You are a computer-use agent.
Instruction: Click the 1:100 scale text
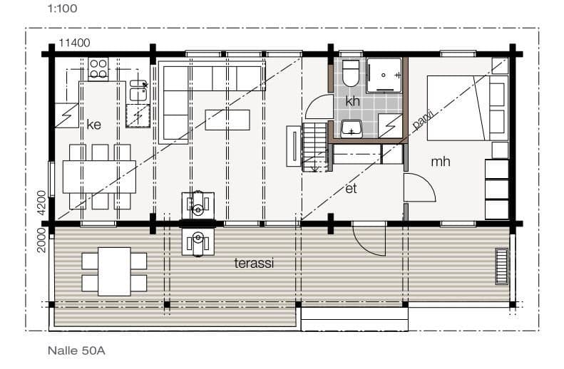point(62,9)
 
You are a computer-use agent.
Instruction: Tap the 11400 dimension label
point(74,43)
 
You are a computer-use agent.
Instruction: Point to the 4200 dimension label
point(42,202)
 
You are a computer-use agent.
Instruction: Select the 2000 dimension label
point(42,240)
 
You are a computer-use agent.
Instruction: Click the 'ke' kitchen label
point(94,125)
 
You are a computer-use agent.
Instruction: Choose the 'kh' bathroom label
point(352,101)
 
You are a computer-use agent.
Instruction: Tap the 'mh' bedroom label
point(440,162)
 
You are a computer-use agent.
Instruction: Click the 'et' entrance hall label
point(351,188)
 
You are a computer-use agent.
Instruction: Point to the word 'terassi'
point(254,263)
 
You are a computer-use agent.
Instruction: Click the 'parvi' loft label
point(424,119)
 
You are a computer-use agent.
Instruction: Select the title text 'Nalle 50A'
point(76,350)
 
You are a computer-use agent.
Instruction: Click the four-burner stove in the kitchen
point(98,68)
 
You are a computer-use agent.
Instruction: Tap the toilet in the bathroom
point(351,73)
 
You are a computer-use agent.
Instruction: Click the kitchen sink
point(138,90)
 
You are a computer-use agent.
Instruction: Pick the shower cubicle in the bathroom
point(384,76)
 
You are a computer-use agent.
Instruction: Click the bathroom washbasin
point(352,130)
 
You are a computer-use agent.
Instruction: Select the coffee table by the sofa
point(227,120)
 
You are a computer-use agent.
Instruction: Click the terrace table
point(114,271)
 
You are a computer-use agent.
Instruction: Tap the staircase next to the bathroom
point(315,147)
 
